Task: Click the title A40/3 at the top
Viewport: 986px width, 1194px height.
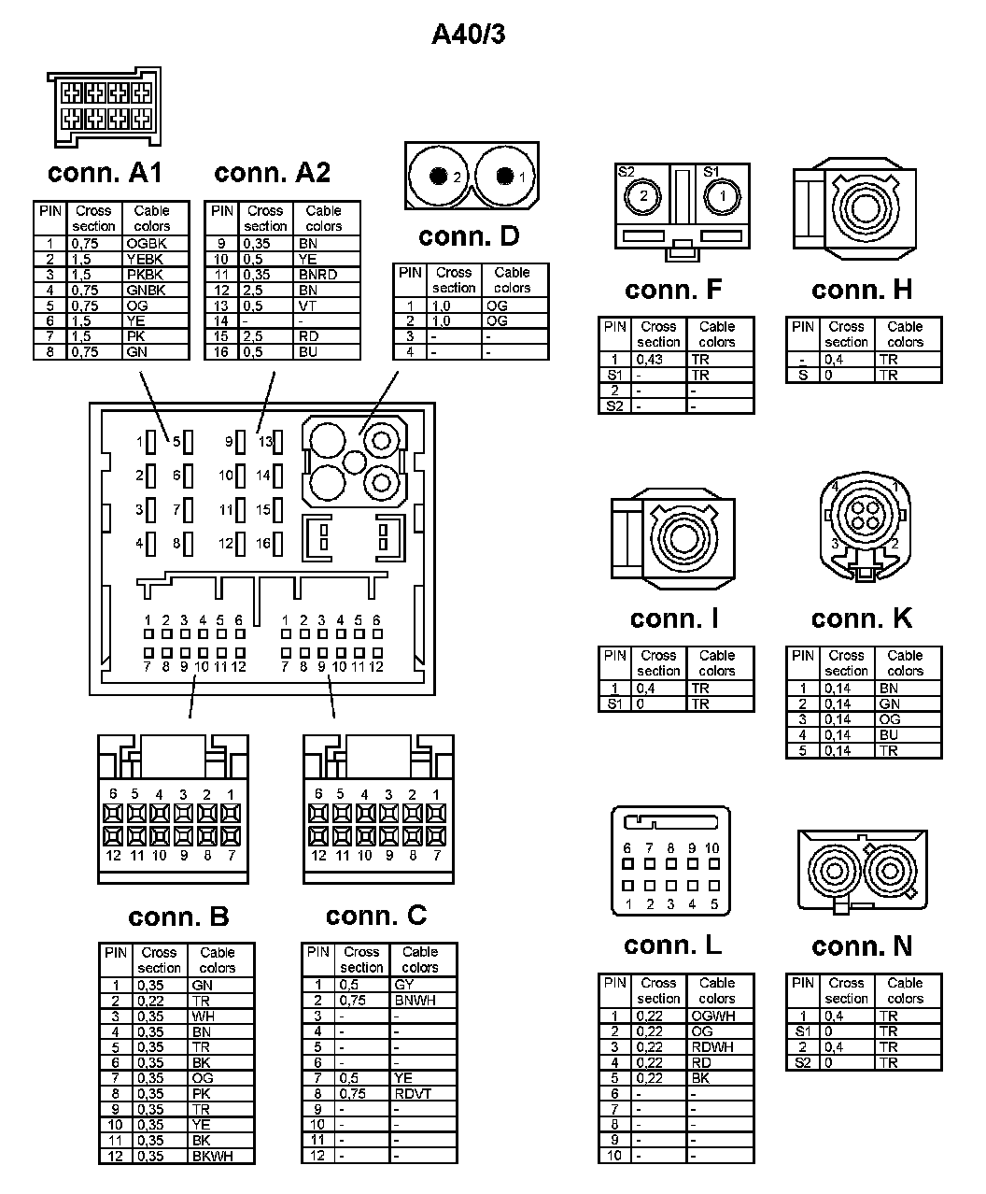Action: pyautogui.click(x=469, y=35)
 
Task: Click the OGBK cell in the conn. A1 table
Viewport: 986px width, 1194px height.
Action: pyautogui.click(x=145, y=244)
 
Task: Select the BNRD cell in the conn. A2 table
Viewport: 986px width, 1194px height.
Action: pyautogui.click(x=317, y=275)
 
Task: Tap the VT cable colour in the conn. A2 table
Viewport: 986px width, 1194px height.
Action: pyautogui.click(x=308, y=306)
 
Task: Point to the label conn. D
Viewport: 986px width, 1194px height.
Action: pyautogui.click(x=469, y=236)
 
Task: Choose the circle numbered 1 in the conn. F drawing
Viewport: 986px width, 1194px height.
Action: pyautogui.click(x=720, y=196)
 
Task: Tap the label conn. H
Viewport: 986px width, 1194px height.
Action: pyautogui.click(x=862, y=290)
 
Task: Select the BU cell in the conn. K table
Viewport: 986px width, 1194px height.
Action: pyautogui.click(x=888, y=735)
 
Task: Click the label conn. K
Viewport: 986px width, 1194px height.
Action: pyautogui.click(x=862, y=618)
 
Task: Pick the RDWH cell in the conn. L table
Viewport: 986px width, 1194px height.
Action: pyautogui.click(x=711, y=1047)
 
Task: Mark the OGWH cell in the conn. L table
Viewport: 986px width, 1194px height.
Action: pyautogui.click(x=713, y=1016)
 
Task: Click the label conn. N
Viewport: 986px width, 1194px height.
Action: pyautogui.click(x=862, y=946)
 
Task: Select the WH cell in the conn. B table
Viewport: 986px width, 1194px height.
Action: pyautogui.click(x=203, y=1016)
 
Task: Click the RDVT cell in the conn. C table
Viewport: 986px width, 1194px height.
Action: pyautogui.click(x=413, y=1093)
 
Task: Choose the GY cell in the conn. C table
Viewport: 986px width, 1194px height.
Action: pyautogui.click(x=403, y=985)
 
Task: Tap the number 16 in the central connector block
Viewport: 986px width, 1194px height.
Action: pyautogui.click(x=263, y=543)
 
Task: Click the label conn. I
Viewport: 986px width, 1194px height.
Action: pyautogui.click(x=674, y=618)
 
